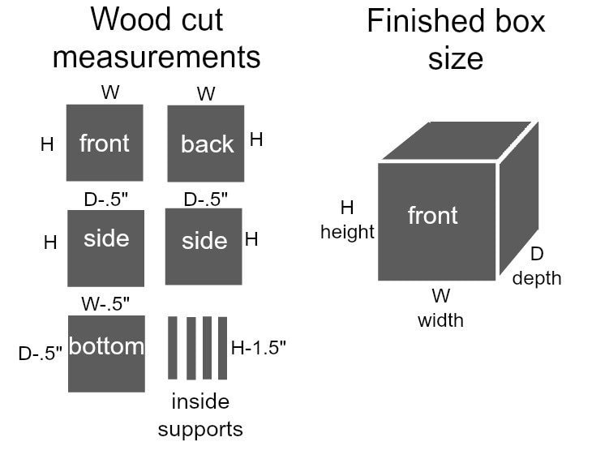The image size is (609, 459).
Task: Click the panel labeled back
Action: click(206, 144)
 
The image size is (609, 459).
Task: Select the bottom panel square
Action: click(106, 354)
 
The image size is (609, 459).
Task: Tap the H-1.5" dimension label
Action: click(259, 347)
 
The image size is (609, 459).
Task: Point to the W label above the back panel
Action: click(206, 94)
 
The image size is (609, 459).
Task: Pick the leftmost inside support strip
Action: click(173, 348)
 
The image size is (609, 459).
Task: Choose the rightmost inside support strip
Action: click(220, 348)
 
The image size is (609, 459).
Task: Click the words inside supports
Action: click(200, 414)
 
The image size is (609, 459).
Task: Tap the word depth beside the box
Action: click(536, 278)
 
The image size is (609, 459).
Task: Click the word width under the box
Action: click(440, 320)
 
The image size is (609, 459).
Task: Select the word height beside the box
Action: click(347, 232)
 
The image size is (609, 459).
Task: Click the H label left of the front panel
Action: click(47, 145)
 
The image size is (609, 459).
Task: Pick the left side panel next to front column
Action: click(106, 247)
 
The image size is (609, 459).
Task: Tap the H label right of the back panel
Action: click(256, 139)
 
